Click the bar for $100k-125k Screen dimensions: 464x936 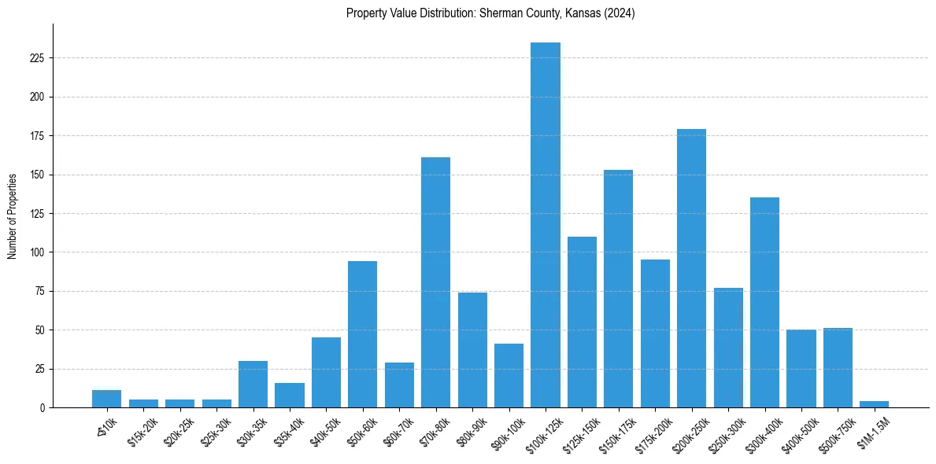[546, 226]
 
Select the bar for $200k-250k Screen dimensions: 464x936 [692, 269]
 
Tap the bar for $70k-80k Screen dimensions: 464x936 [435, 283]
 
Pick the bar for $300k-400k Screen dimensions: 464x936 [764, 303]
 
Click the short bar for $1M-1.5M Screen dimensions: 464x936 [874, 404]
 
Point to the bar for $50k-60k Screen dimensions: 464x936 [362, 334]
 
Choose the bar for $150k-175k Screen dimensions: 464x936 [619, 289]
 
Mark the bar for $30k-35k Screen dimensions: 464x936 [253, 385]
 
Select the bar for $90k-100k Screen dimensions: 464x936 [509, 376]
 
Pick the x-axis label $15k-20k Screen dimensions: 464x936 [142, 431]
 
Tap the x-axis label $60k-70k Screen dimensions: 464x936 [397, 431]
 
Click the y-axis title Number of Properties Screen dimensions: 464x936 [12, 216]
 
